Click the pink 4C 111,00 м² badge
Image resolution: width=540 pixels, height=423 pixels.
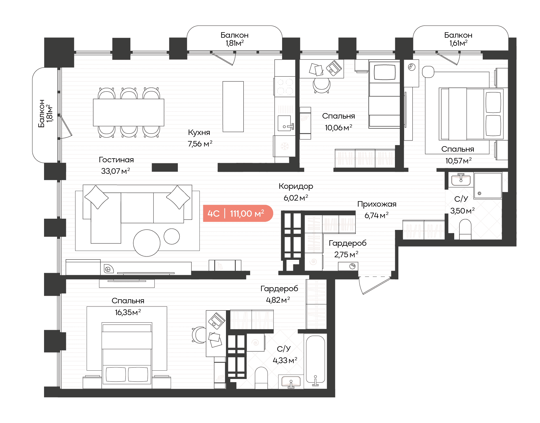(x=238, y=214)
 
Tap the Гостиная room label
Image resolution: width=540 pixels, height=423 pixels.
(x=116, y=160)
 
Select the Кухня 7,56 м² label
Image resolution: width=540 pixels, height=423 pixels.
(x=200, y=138)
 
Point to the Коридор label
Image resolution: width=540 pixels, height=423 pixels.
(x=296, y=186)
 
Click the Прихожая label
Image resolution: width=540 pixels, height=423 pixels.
(x=377, y=204)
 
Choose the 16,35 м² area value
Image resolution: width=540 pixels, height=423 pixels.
(x=128, y=312)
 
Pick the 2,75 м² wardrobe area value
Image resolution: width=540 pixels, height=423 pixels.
(x=346, y=254)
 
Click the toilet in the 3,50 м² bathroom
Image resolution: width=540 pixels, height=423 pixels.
(x=465, y=229)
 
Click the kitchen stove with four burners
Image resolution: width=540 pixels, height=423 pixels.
(x=285, y=86)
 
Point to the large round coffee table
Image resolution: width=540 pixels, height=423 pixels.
(x=147, y=243)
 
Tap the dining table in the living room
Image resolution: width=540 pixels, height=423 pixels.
(x=129, y=113)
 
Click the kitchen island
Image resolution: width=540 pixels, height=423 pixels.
(x=233, y=106)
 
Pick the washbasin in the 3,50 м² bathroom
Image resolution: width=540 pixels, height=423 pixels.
(x=461, y=180)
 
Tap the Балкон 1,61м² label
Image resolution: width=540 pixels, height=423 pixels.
(x=458, y=39)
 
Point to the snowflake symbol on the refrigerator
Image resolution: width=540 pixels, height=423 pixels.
(x=285, y=146)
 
